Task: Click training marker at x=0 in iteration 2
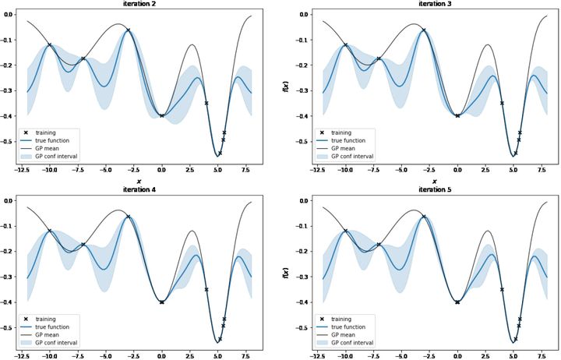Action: pyautogui.click(x=161, y=115)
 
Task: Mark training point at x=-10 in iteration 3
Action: pyautogui.click(x=345, y=45)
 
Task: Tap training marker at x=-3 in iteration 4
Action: pyautogui.click(x=129, y=216)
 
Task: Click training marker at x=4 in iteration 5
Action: pyautogui.click(x=502, y=289)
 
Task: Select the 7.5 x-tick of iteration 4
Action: pyautogui.click(x=245, y=354)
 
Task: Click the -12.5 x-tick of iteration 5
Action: pyautogui.click(x=318, y=354)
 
